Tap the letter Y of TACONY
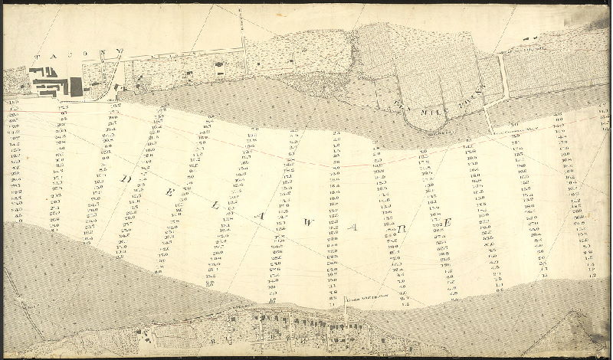(120, 53)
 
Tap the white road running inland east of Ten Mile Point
(502, 77)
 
